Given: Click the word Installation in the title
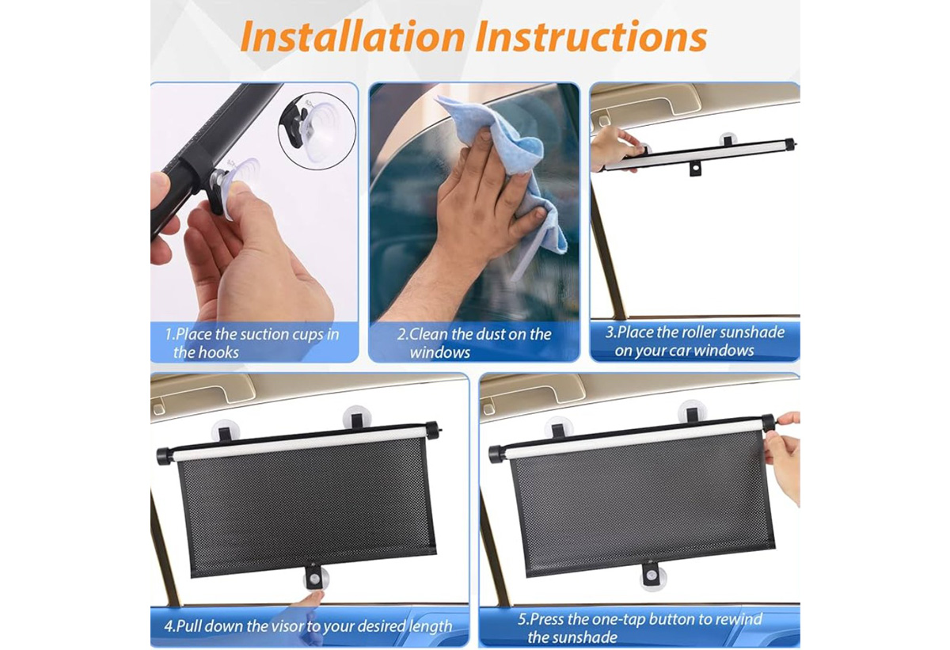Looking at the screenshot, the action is (x=353, y=36).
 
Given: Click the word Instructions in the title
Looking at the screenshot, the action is (x=591, y=36).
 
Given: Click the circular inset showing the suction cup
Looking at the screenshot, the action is (x=317, y=131).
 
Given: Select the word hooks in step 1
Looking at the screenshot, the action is (x=218, y=352).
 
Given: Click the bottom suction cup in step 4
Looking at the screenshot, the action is (x=316, y=577).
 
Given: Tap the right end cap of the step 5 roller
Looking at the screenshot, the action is (x=768, y=422).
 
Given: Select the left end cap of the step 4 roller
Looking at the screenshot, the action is (x=165, y=456).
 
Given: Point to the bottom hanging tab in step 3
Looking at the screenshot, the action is (x=695, y=169).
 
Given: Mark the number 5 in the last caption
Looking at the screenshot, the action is (x=522, y=619).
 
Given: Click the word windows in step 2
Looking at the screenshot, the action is (x=440, y=353).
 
